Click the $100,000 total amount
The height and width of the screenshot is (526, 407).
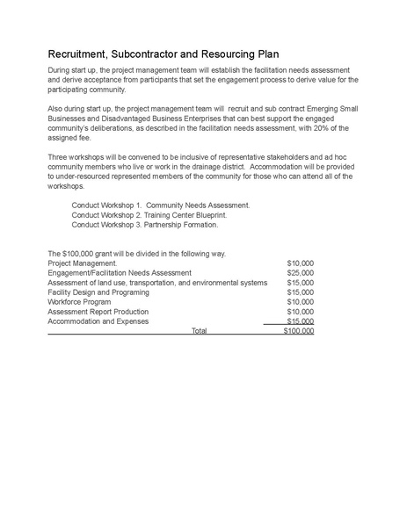pyautogui.click(x=298, y=331)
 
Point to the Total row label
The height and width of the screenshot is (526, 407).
pyautogui.click(x=199, y=331)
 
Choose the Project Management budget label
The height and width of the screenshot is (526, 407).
pyautogui.click(x=82, y=263)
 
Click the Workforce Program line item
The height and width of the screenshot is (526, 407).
pyautogui.click(x=80, y=302)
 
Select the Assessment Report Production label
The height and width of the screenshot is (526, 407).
pyautogui.click(x=98, y=312)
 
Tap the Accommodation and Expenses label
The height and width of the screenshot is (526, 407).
pyautogui.click(x=98, y=321)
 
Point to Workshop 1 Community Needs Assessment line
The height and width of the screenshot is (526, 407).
pyautogui.click(x=161, y=205)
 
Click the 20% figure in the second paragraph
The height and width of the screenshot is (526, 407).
pyautogui.click(x=314, y=128)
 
